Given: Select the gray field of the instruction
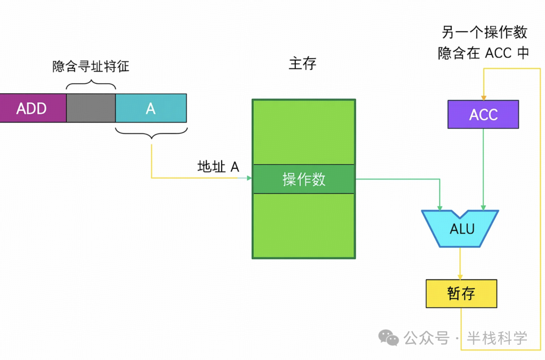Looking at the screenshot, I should coord(91,108).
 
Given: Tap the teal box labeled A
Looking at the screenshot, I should coord(151,108).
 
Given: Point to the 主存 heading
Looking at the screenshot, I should coord(303,64).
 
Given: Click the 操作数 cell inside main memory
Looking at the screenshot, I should coord(304,179).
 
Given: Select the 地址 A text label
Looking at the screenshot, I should coord(218,167).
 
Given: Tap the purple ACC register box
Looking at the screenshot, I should coord(483,114).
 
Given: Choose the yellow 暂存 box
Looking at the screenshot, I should coord(461,293).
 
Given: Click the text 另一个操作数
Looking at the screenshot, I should coord(484,33).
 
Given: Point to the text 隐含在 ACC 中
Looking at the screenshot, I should coord(483,53).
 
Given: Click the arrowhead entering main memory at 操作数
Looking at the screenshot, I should coord(249,178).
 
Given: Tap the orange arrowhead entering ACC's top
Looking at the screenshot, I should coord(483,97).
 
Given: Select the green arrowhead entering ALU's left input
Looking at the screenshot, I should coord(440,207).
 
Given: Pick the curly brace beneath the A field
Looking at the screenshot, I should coord(151,134).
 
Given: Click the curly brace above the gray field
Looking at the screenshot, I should coord(91,82).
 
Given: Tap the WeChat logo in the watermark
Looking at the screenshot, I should coord(389,337).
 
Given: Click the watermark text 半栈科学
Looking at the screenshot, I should coord(497,338).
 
